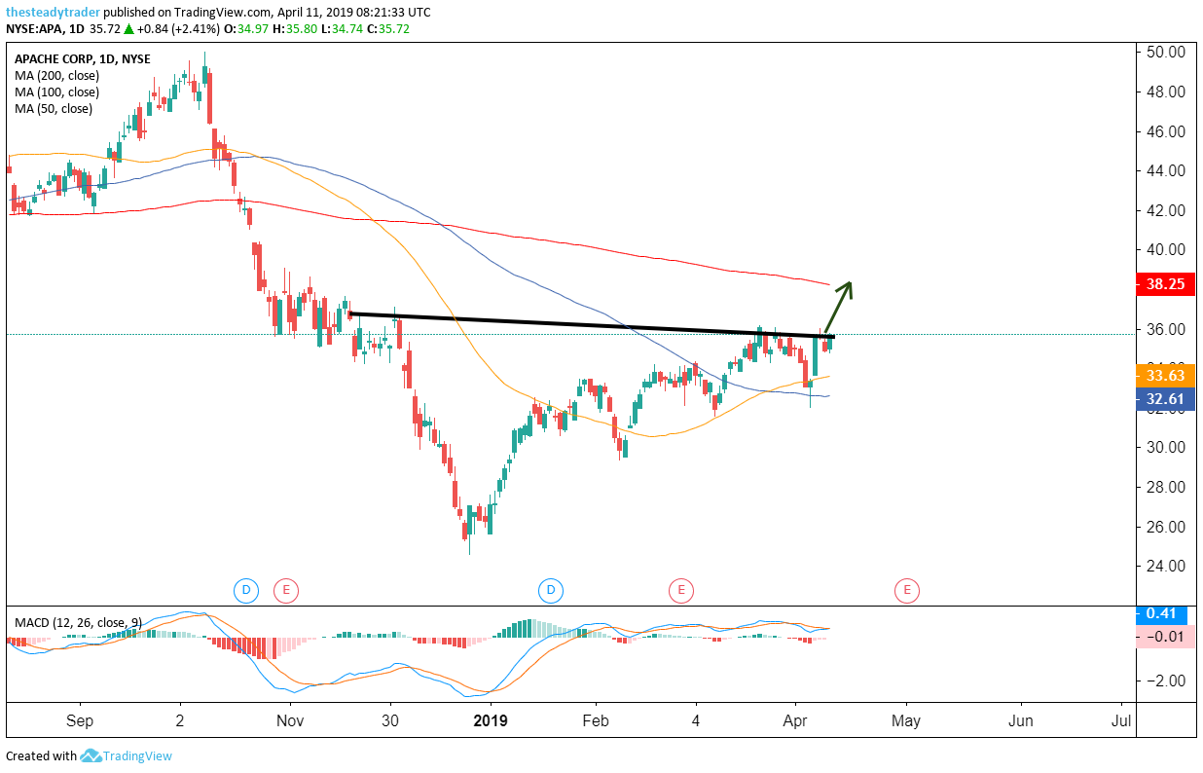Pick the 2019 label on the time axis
(491, 721)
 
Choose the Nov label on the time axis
(291, 721)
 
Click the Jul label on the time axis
(1120, 721)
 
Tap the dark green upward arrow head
(848, 285)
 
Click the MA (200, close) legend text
(56, 76)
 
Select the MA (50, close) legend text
(54, 109)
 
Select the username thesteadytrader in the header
(53, 11)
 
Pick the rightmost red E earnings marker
(907, 589)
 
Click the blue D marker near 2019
(551, 589)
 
